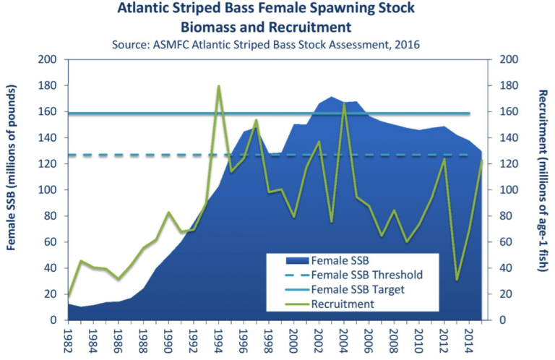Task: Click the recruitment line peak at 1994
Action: (x=218, y=86)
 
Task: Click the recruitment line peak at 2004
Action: (x=344, y=104)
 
